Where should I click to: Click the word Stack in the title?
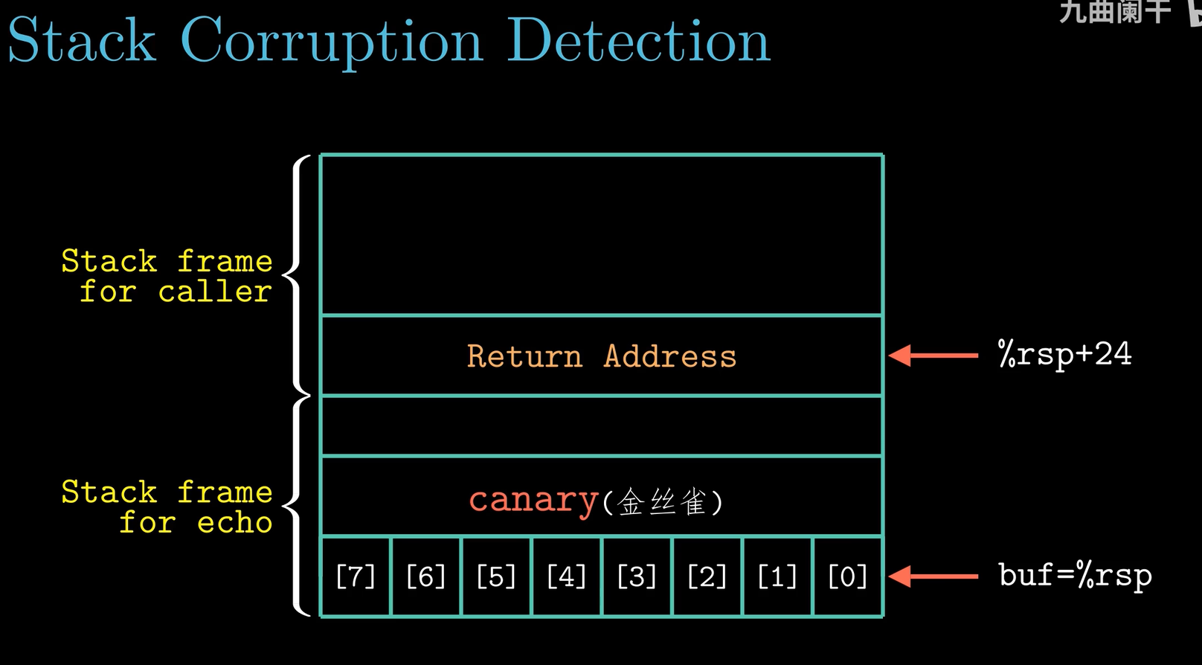(82, 41)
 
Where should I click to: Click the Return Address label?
(601, 356)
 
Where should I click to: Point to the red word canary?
(533, 500)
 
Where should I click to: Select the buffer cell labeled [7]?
(356, 576)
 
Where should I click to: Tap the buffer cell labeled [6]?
(425, 576)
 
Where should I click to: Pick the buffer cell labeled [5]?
(495, 576)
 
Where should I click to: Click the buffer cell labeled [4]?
(566, 576)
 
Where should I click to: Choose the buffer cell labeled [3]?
(637, 576)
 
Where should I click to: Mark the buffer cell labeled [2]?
(707, 576)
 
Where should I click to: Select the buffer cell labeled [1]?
(777, 576)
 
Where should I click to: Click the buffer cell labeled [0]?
(847, 576)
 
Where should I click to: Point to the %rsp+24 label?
(1064, 354)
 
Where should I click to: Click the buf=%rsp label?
(1075, 575)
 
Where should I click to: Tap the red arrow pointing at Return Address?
(933, 356)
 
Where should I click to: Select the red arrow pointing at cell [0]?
(933, 576)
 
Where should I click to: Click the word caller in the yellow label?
(214, 292)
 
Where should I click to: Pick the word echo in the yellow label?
(234, 522)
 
